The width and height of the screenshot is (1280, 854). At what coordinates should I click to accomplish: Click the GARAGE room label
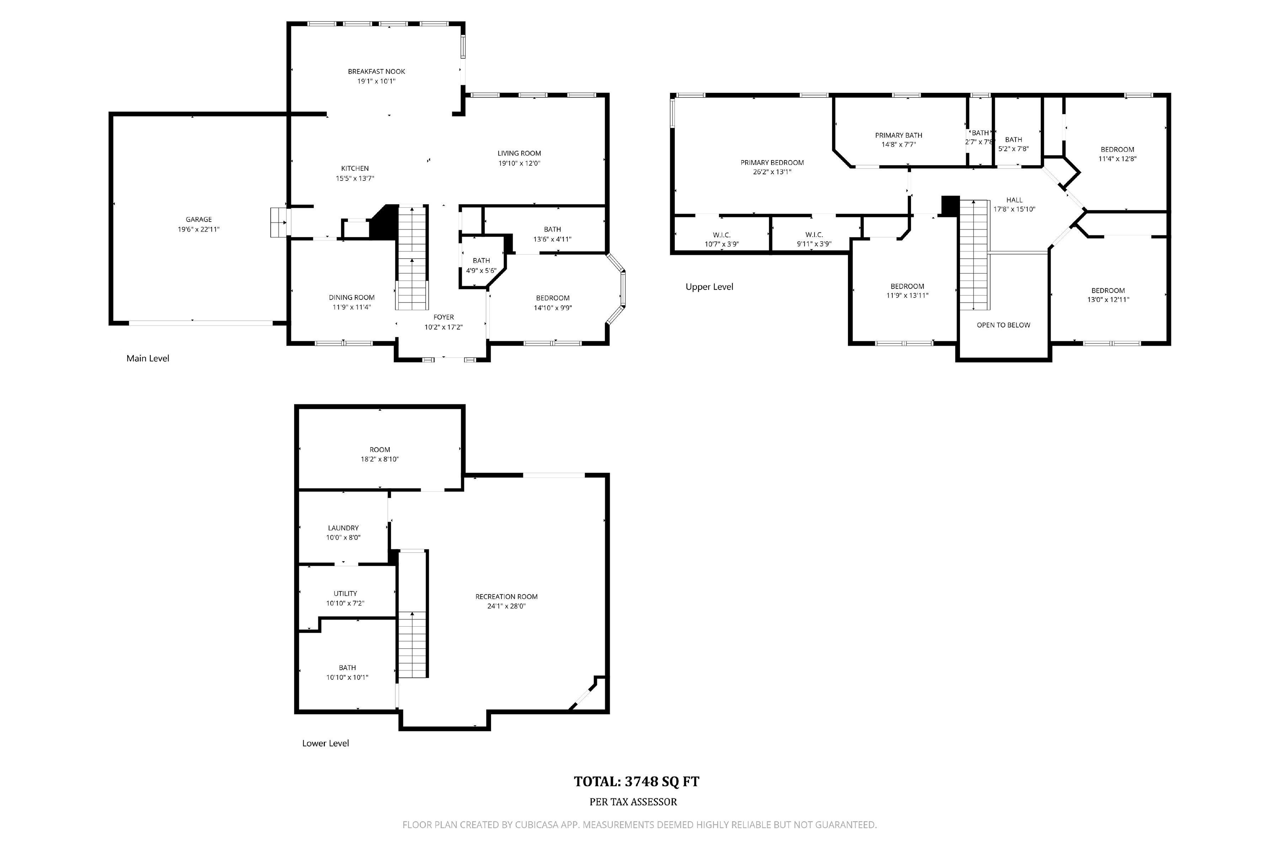click(199, 220)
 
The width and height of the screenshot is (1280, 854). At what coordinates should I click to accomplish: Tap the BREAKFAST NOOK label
click(377, 72)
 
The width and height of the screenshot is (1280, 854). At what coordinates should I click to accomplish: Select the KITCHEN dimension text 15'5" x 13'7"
click(355, 178)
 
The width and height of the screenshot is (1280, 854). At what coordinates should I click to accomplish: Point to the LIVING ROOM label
click(519, 153)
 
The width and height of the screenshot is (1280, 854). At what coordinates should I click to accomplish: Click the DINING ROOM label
click(352, 297)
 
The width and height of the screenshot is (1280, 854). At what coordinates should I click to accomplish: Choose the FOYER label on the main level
click(443, 317)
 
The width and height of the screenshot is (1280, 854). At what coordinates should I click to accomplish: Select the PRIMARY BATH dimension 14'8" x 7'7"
click(898, 144)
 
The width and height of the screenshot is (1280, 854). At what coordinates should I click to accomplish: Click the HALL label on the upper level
click(1014, 200)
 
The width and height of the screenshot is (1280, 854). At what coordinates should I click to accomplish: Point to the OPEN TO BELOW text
click(1003, 325)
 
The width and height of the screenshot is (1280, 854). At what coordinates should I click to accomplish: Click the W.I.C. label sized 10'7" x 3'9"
click(722, 235)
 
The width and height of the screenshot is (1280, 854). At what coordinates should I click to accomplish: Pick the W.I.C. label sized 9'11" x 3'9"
click(814, 235)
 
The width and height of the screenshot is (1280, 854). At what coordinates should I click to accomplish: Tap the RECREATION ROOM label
click(507, 596)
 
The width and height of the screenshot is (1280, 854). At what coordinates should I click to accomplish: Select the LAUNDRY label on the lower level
click(343, 528)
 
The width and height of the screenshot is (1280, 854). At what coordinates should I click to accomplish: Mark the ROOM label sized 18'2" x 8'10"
click(380, 450)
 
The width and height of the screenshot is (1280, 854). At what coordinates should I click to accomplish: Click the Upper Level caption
click(710, 287)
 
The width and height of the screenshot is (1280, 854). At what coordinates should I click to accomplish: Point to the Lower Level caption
click(325, 743)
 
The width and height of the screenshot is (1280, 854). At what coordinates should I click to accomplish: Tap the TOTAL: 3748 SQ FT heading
click(637, 781)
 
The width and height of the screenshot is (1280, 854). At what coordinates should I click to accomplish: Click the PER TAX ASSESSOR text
click(634, 802)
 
